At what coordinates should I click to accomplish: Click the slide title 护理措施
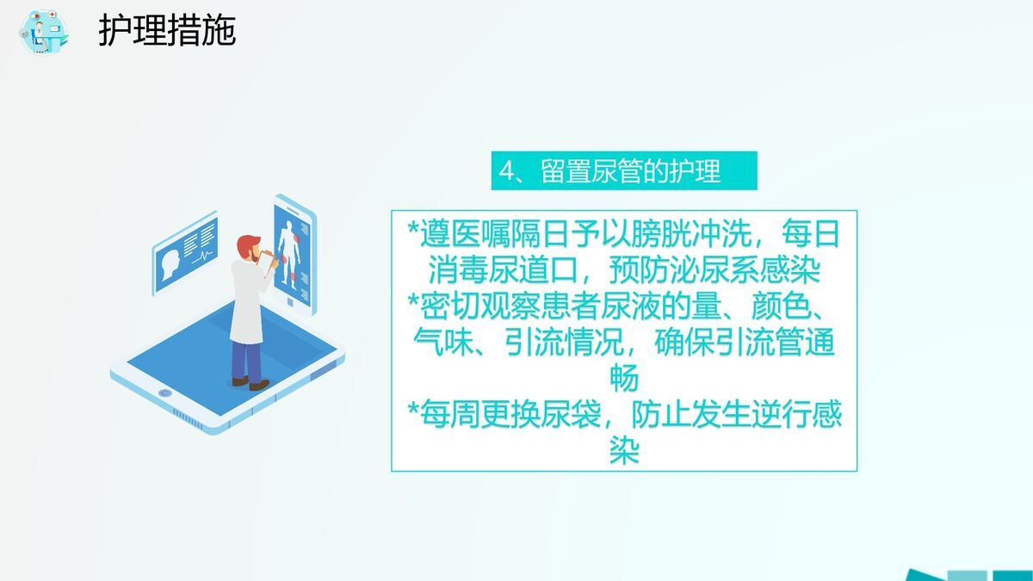tap(167, 32)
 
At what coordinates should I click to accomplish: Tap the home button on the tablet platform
tap(165, 393)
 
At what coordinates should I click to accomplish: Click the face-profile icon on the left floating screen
tap(170, 258)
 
